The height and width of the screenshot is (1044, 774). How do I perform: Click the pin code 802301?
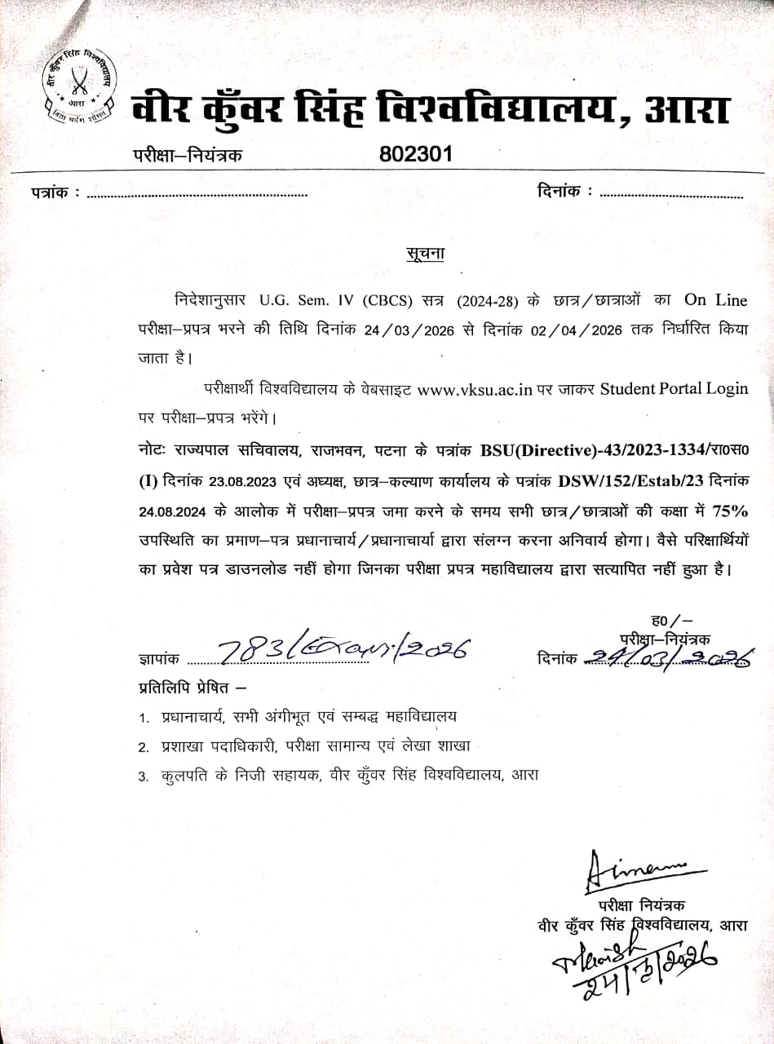point(416,154)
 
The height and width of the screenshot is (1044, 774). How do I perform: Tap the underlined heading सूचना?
point(426,254)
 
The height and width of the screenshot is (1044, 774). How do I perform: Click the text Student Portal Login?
point(674,388)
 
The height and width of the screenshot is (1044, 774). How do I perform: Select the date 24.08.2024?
point(169,511)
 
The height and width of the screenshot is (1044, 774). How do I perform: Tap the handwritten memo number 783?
point(250,649)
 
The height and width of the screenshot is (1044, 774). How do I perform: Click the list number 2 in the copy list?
point(143,746)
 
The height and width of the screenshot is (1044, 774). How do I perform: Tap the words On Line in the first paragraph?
point(716,300)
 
